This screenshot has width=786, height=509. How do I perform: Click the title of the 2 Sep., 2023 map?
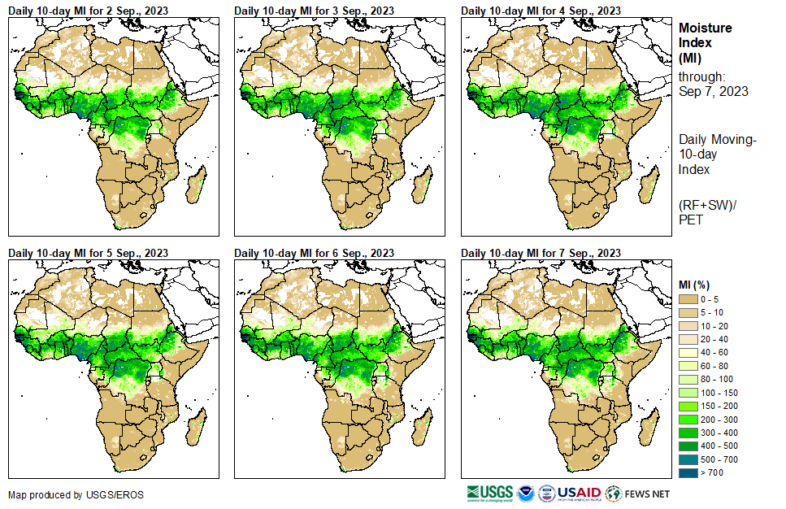[x=89, y=10]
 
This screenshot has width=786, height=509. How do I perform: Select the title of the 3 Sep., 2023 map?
[x=315, y=10]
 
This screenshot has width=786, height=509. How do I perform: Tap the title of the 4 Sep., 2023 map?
[x=541, y=10]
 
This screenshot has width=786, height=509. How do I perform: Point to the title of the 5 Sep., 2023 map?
[x=89, y=253]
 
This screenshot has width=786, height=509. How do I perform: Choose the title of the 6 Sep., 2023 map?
[x=315, y=253]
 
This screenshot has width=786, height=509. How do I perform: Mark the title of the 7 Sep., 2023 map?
[x=541, y=253]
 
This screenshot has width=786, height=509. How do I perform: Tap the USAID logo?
[x=579, y=493]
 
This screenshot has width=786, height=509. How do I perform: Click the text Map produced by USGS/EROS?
[x=64, y=494]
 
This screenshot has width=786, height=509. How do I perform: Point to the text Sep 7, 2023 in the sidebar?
[x=714, y=91]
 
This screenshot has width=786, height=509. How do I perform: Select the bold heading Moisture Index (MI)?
[x=704, y=42]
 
